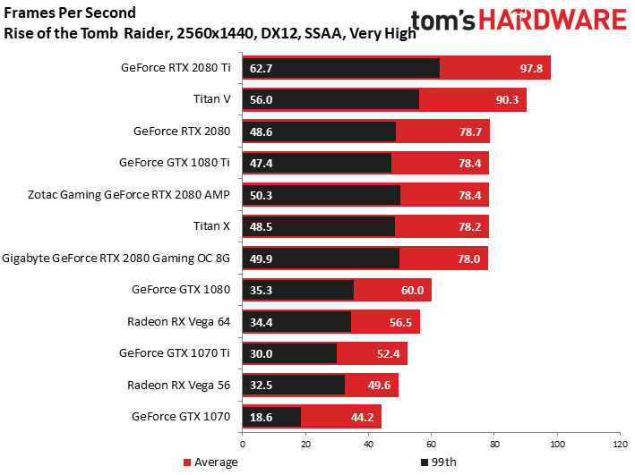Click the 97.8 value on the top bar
pyautogui.click(x=531, y=68)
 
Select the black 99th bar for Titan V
pyautogui.click(x=330, y=99)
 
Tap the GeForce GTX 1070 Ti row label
pyautogui.click(x=174, y=353)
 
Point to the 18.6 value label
pyautogui.click(x=261, y=417)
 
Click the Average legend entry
pyautogui.click(x=210, y=462)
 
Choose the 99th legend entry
pyautogui.click(x=439, y=462)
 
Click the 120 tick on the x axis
pyautogui.click(x=620, y=445)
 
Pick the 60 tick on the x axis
pyautogui.click(x=432, y=445)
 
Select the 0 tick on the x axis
pyautogui.click(x=243, y=445)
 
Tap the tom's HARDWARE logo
pyautogui.click(x=519, y=20)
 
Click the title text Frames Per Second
pyautogui.click(x=70, y=13)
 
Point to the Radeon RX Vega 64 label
pyautogui.click(x=178, y=322)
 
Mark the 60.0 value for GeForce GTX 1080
pyautogui.click(x=412, y=290)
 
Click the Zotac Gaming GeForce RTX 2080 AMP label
pyautogui.click(x=129, y=195)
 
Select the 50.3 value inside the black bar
pyautogui.click(x=261, y=195)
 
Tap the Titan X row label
pyautogui.click(x=211, y=225)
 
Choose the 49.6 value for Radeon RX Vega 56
pyautogui.click(x=379, y=386)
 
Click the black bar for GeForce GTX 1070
pyautogui.click(x=271, y=417)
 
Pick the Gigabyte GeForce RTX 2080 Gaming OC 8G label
pyautogui.click(x=116, y=259)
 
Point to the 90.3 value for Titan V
pyautogui.click(x=507, y=99)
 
